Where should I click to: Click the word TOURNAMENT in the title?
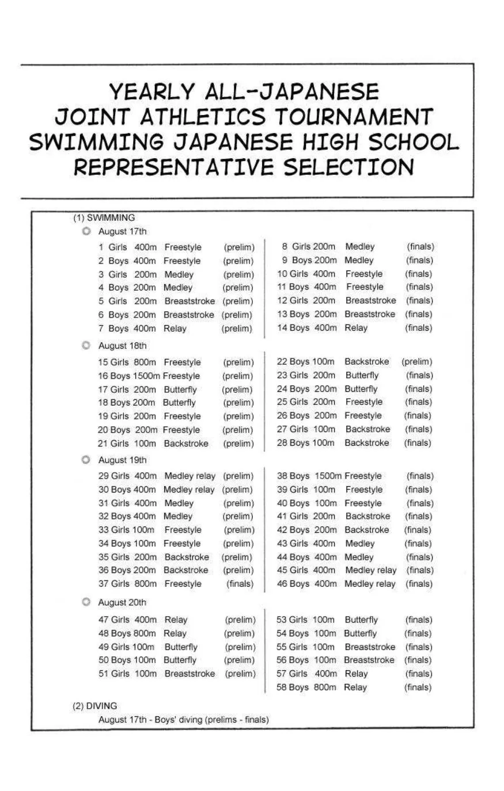[353, 117]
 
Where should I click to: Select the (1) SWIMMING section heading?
[104, 217]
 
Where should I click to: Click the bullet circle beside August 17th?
[86, 231]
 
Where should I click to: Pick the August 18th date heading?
[122, 346]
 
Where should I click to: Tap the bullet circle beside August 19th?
[86, 460]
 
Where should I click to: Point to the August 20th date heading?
[122, 602]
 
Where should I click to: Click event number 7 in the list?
[101, 328]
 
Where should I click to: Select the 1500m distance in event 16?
[146, 376]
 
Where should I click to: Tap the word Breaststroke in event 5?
[190, 301]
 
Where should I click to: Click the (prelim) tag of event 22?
[416, 362]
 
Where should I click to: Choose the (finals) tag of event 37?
[240, 583]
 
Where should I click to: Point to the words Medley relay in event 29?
[190, 476]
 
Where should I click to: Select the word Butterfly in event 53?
[361, 620]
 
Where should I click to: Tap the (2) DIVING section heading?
[94, 706]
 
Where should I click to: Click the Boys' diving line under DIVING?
[183, 720]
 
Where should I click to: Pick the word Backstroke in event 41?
[367, 516]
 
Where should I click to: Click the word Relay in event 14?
[356, 327]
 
